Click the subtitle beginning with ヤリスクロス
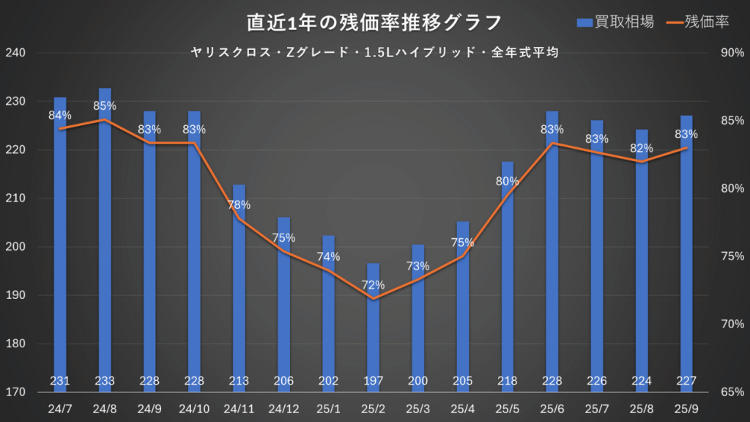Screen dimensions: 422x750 [x=374, y=52]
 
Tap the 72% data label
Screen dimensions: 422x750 [x=374, y=284]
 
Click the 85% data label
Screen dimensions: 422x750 [x=105, y=105]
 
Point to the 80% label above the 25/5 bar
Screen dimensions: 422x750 [x=508, y=181]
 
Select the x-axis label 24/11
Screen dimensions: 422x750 [x=239, y=408]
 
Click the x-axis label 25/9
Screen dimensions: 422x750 [x=686, y=408]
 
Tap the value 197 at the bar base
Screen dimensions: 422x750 [x=374, y=381]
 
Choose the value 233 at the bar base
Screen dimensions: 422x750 [x=105, y=381]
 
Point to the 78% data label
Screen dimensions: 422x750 [x=239, y=204]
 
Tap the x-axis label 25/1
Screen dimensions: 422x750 [x=329, y=408]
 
